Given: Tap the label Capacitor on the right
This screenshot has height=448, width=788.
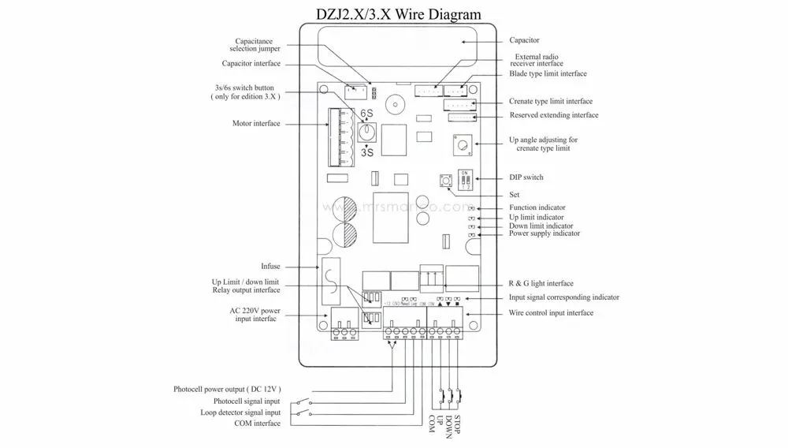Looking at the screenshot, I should pyautogui.click(x=524, y=39).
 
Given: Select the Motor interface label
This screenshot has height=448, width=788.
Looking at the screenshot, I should pyautogui.click(x=256, y=124).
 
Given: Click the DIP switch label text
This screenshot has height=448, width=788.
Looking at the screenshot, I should pyautogui.click(x=526, y=177).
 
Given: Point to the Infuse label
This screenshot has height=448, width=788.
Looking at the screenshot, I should pyautogui.click(x=270, y=266).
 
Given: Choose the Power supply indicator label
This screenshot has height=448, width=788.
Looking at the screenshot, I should pyautogui.click(x=545, y=233).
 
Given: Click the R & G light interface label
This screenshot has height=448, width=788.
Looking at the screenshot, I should pyautogui.click(x=541, y=283).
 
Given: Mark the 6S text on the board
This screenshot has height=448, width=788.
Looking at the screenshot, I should pyautogui.click(x=366, y=113).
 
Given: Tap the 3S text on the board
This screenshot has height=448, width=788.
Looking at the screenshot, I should pyautogui.click(x=366, y=154).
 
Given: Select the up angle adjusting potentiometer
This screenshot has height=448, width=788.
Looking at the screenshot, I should pyautogui.click(x=461, y=144).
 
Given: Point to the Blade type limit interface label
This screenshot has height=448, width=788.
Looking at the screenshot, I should pyautogui.click(x=548, y=73).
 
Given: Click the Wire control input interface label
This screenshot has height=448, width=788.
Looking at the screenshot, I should pyautogui.click(x=552, y=313).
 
